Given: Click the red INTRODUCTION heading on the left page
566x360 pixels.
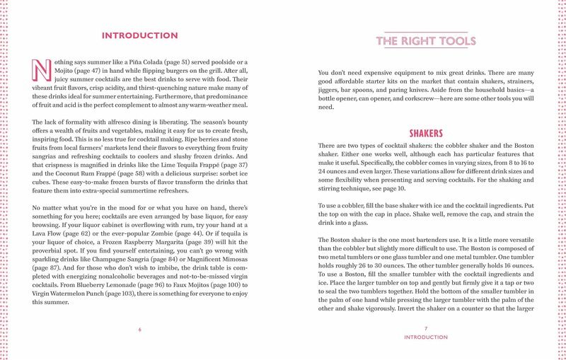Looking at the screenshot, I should point(140,35).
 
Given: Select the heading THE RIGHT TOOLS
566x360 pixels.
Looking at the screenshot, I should point(422,42).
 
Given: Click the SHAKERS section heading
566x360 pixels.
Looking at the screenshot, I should point(426,133).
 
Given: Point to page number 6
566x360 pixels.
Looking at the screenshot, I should point(140,329).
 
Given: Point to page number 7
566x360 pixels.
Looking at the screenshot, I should point(426,329).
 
